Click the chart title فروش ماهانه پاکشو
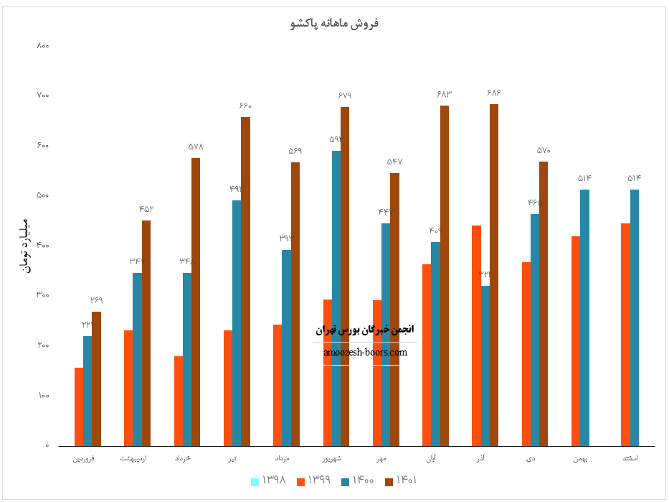(335, 23)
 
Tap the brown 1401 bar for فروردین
(96, 378)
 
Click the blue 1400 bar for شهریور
(336, 298)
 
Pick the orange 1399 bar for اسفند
(625, 335)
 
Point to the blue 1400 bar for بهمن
(584, 317)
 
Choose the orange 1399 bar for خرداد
(179, 401)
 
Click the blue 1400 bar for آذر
(485, 366)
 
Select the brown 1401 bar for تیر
(245, 282)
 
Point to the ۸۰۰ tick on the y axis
(42, 45)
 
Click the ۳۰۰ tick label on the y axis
(42, 295)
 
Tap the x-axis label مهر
(381, 457)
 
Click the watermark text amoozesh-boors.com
(365, 352)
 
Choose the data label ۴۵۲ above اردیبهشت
(146, 208)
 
